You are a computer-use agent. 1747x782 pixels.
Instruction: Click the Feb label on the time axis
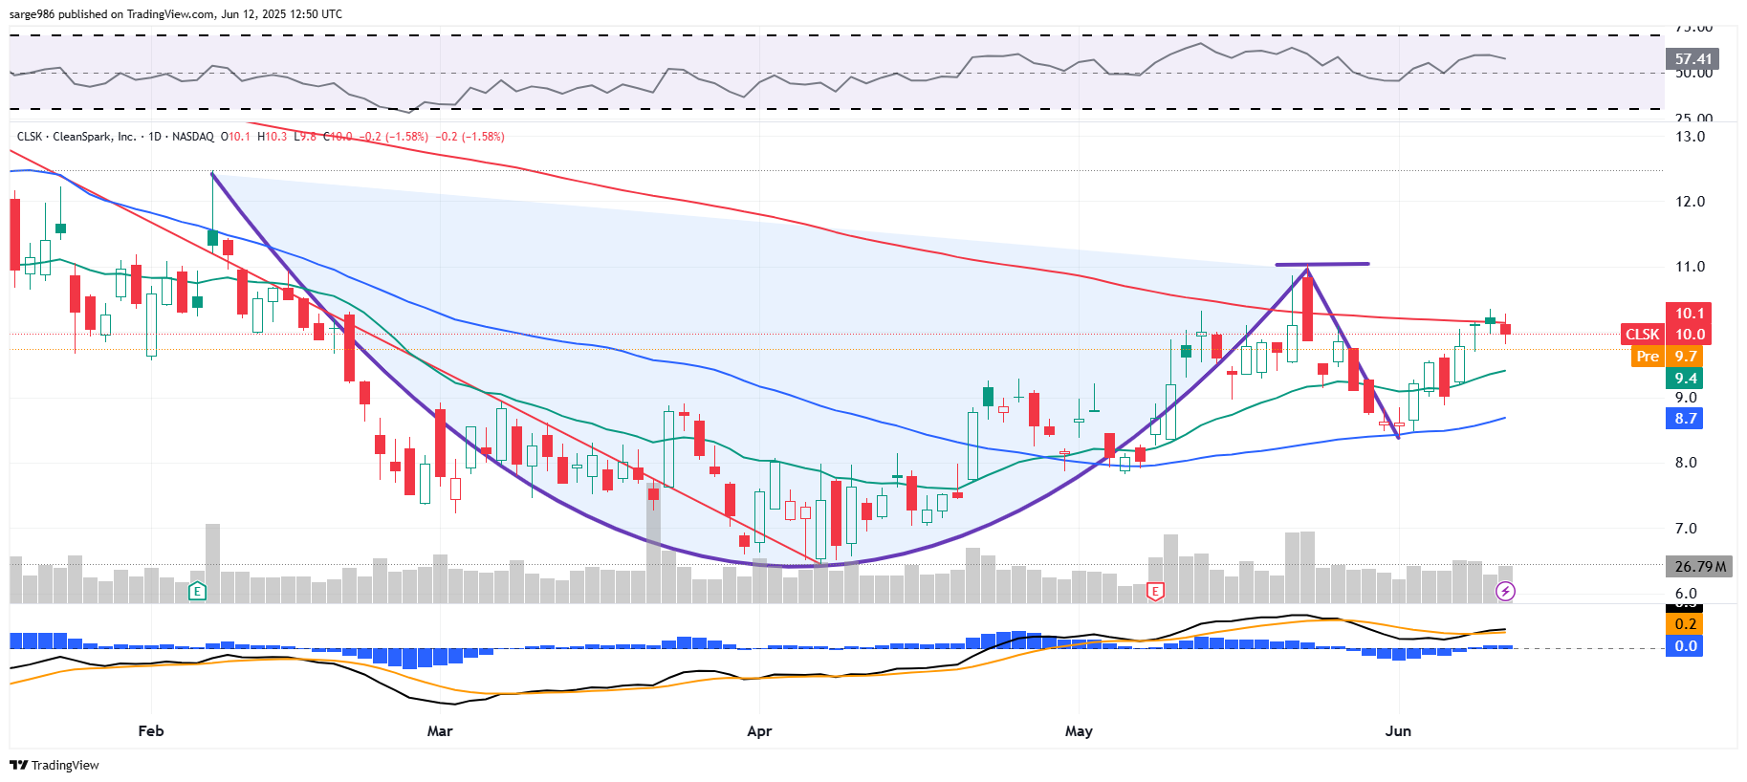click(151, 731)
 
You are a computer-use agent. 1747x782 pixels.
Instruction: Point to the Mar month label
click(440, 731)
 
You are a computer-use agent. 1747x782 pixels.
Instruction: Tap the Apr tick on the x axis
click(759, 731)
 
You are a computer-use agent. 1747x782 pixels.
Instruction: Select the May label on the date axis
click(1079, 731)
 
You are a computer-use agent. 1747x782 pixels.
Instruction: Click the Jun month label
click(1398, 731)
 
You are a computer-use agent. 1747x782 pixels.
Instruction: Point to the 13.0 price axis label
click(1690, 137)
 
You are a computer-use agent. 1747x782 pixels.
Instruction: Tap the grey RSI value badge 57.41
click(1692, 59)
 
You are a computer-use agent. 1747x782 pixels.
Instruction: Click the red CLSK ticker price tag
click(1643, 335)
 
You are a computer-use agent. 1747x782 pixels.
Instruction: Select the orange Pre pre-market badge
click(1648, 357)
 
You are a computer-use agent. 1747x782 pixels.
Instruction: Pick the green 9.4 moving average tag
click(1685, 379)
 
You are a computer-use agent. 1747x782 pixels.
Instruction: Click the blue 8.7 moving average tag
click(1685, 419)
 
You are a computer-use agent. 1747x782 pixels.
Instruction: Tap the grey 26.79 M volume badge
click(1700, 567)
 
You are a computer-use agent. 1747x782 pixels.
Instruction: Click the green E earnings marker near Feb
click(197, 592)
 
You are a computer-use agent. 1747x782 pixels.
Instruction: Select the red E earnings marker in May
click(1155, 592)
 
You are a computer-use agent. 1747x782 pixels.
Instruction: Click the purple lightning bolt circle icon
click(1505, 592)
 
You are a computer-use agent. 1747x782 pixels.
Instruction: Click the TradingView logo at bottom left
click(55, 765)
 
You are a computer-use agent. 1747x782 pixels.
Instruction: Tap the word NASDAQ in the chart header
click(193, 137)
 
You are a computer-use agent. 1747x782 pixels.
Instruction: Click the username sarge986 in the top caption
click(33, 14)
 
